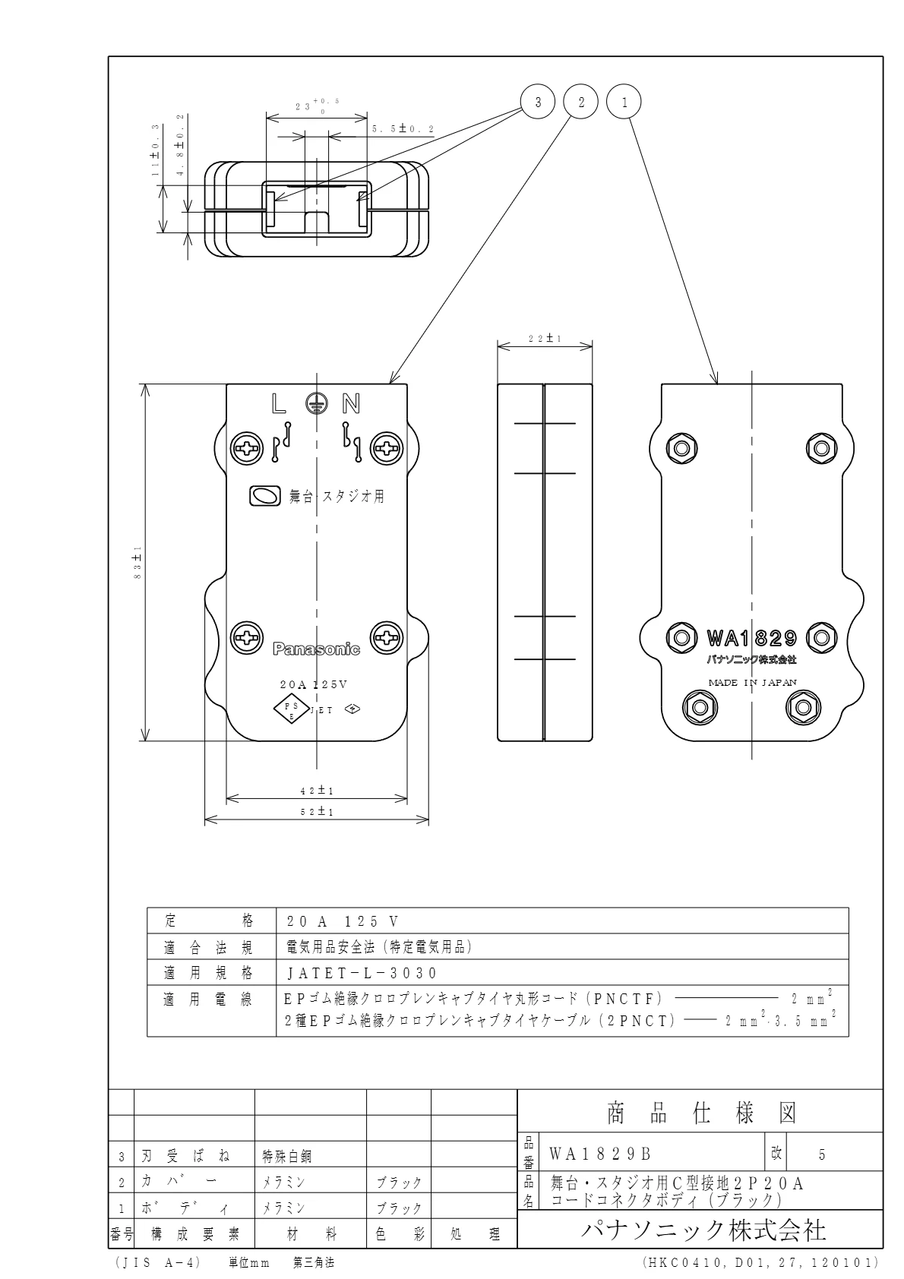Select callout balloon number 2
pyautogui.click(x=582, y=103)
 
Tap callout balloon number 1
pyautogui.click(x=625, y=103)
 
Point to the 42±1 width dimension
pyautogui.click(x=317, y=791)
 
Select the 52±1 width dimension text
pyautogui.click(x=317, y=811)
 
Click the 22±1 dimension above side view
pyautogui.click(x=545, y=339)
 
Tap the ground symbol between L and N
pyautogui.click(x=317, y=403)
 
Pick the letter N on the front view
pyautogui.click(x=352, y=403)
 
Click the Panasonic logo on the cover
pyautogui.click(x=316, y=649)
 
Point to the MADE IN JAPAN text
pyautogui.click(x=752, y=682)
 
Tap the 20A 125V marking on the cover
pyautogui.click(x=313, y=684)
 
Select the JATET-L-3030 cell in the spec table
pyautogui.click(x=362, y=973)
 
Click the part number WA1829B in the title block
pyautogui.click(x=600, y=1154)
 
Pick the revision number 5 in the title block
pyautogui.click(x=822, y=1154)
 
